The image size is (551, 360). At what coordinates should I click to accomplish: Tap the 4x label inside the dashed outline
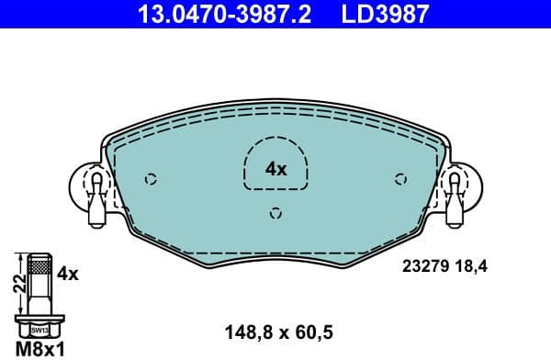point(275,169)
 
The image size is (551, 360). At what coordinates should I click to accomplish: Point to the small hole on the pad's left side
point(152,179)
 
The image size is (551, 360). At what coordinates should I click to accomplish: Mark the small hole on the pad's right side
point(399,179)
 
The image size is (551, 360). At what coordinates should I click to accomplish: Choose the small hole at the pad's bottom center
point(275,214)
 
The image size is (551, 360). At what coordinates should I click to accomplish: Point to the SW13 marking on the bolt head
point(39,328)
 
